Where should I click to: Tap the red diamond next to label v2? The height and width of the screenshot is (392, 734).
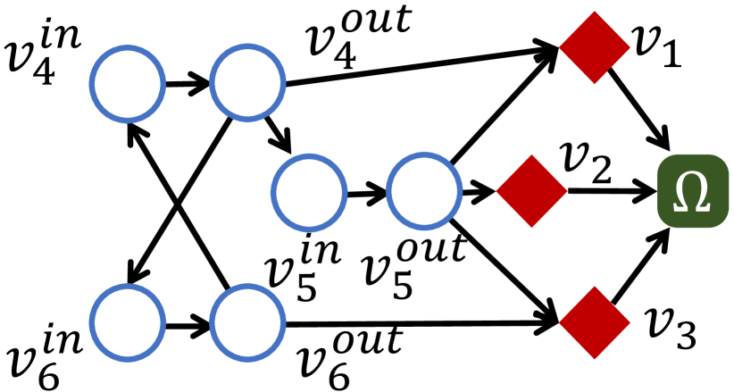click(531, 190)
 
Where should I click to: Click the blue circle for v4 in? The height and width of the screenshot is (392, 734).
click(128, 86)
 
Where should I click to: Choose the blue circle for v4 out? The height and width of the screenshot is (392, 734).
click(246, 86)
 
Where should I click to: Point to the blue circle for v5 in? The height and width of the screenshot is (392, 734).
click(310, 193)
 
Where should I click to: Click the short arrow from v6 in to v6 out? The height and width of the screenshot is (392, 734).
click(187, 320)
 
